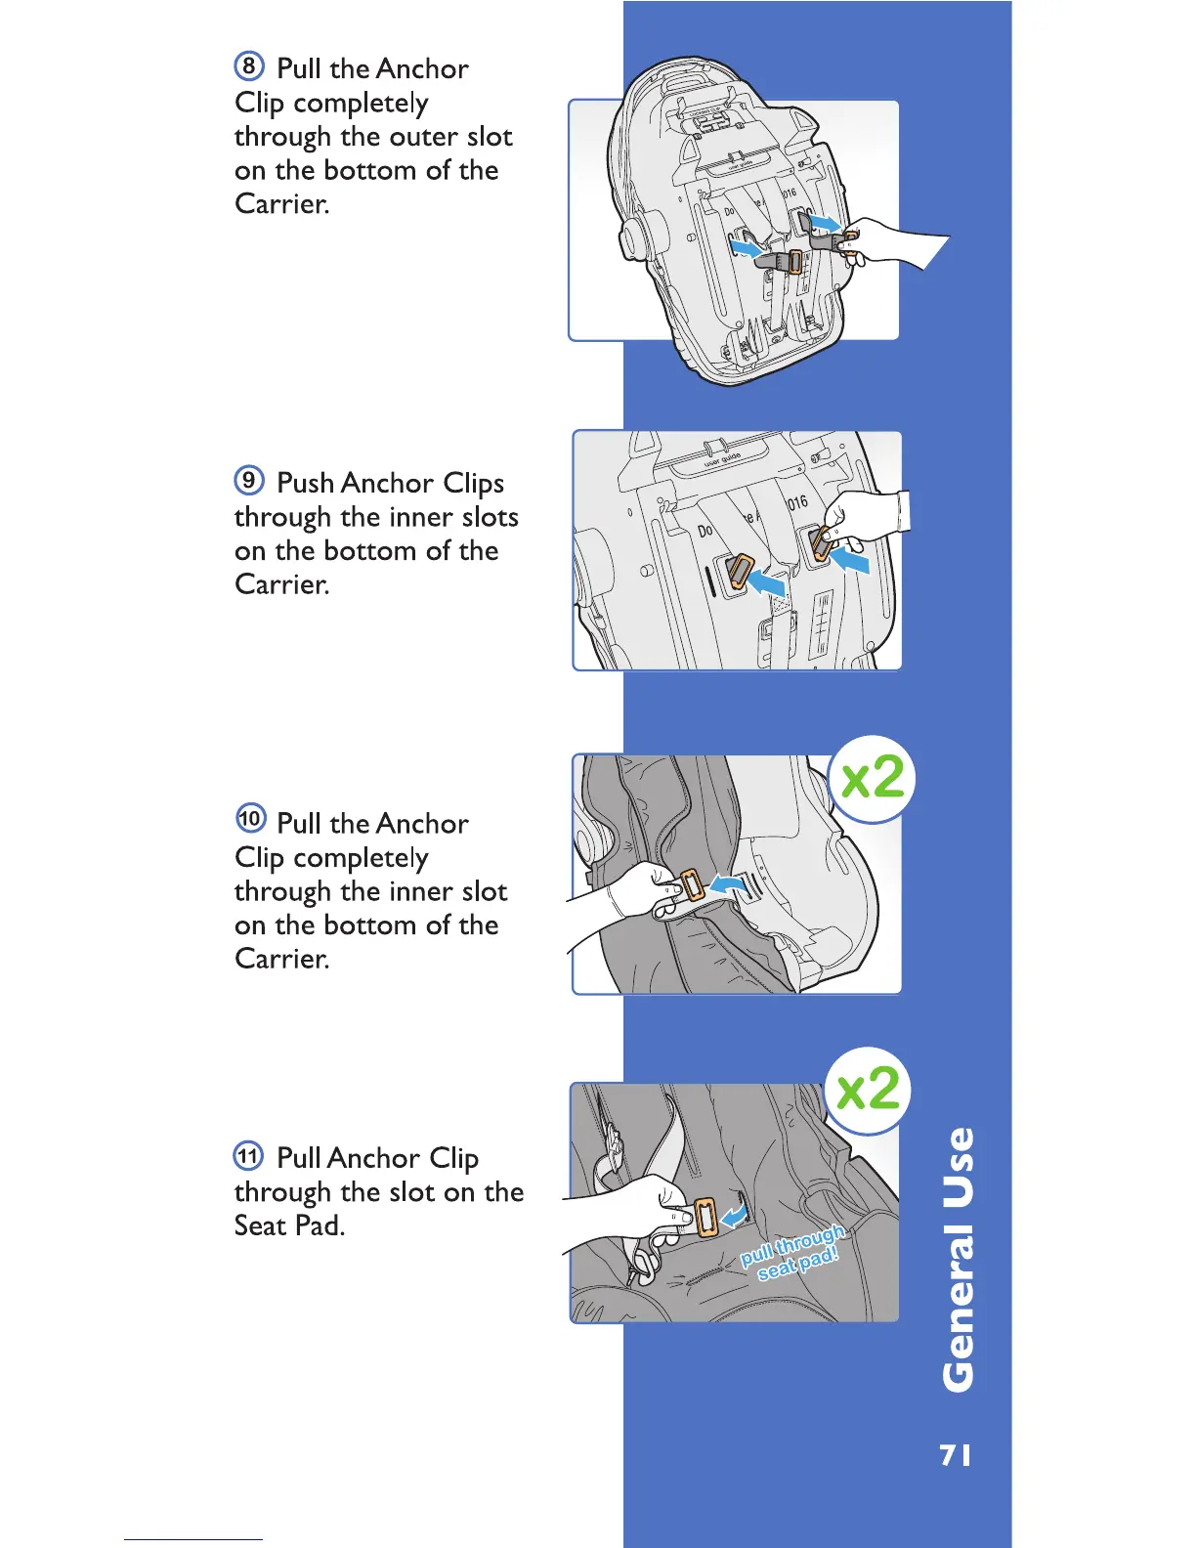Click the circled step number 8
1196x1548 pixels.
249,66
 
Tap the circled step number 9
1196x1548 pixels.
249,480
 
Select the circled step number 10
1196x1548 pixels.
250,817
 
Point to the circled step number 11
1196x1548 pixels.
248,1156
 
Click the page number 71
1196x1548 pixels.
956,1455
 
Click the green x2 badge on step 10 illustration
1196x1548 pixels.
872,779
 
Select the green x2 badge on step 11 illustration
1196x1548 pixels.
869,1089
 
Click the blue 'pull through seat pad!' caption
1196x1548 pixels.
793,1253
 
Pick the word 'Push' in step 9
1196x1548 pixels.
306,483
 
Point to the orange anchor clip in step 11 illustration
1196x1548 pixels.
705,1218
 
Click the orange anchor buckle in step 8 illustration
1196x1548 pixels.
794,262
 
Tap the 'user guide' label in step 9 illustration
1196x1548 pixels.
722,459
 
